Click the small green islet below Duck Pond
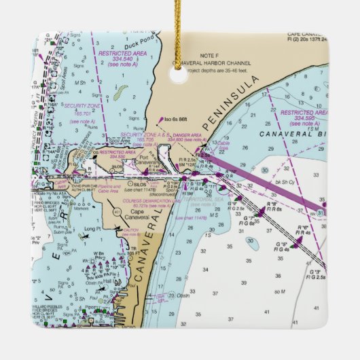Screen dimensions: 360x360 pos(120,90)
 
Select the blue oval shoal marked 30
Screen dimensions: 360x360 pos(252,242)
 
